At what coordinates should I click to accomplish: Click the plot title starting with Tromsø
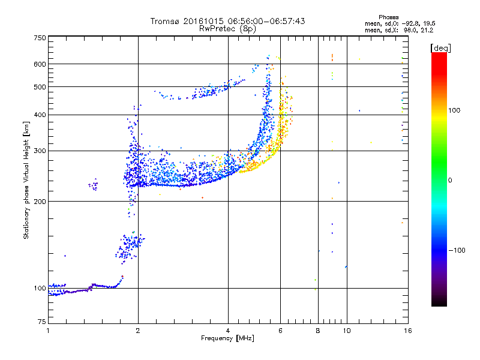click(227, 21)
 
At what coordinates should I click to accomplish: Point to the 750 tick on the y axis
click(40, 38)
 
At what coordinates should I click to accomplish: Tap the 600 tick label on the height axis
click(40, 64)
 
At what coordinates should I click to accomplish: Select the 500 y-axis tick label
click(40, 87)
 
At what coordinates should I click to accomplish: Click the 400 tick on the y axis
click(40, 115)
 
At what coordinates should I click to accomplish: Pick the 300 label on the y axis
click(40, 151)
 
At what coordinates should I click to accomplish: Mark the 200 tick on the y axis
click(40, 202)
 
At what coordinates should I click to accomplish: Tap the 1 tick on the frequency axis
click(48, 331)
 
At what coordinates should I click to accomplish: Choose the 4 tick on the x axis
click(228, 331)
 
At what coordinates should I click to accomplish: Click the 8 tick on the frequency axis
click(319, 331)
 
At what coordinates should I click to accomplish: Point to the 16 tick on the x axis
click(407, 331)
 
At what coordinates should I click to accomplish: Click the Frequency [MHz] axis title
click(227, 339)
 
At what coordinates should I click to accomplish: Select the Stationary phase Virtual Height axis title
click(26, 180)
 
